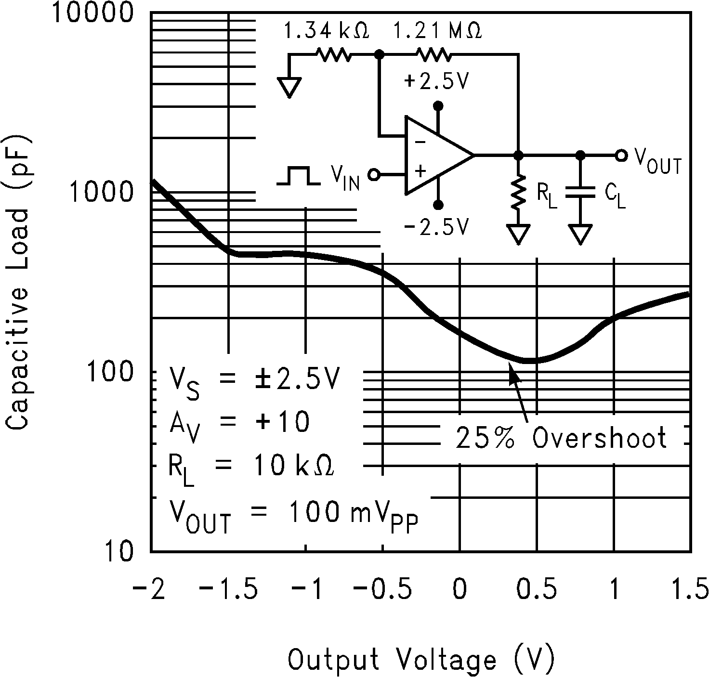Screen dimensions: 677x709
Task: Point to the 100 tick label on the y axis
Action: click(x=112, y=372)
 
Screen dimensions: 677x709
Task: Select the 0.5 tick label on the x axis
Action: click(x=536, y=590)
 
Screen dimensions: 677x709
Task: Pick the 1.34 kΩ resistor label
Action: click(x=326, y=31)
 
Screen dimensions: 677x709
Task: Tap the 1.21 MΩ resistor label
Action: click(x=437, y=31)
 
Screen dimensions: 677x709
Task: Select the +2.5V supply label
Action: click(x=436, y=82)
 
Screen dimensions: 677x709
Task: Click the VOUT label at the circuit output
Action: click(x=657, y=161)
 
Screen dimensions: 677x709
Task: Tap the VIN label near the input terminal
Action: click(x=345, y=178)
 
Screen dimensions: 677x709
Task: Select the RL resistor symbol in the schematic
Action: click(x=519, y=193)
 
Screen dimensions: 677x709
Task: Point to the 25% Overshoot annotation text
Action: click(x=561, y=438)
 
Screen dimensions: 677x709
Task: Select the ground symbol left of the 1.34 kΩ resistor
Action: click(x=289, y=87)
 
